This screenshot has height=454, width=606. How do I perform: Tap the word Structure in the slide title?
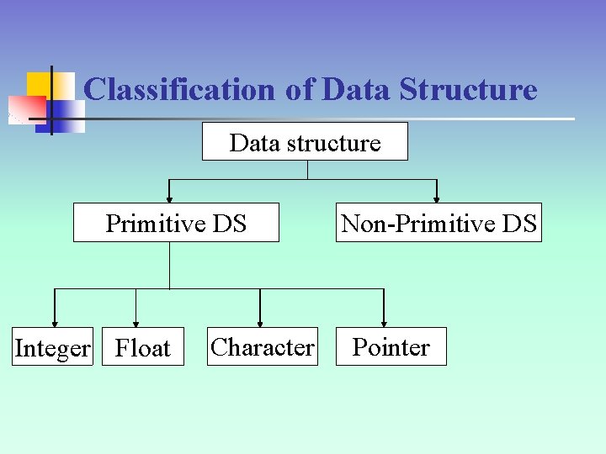[468, 89]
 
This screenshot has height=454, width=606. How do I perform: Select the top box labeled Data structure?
[305, 142]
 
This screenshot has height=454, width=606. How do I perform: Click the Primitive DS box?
[176, 223]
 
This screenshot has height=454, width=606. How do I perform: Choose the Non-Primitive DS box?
[439, 223]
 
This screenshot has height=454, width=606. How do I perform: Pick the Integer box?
[52, 347]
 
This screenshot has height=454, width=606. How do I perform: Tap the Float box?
[142, 347]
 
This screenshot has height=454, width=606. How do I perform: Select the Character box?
[263, 346]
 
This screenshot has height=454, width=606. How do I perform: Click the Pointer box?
[391, 346]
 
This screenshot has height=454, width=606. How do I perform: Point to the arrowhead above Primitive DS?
[170, 198]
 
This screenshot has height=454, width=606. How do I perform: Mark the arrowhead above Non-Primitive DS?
[437, 198]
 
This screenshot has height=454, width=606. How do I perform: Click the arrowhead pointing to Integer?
[55, 322]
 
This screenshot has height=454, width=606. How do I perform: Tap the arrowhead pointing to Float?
[136, 322]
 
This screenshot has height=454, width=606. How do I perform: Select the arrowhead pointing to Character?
[260, 322]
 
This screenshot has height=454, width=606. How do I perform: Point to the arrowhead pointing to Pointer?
[384, 322]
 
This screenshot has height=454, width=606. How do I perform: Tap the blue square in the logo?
[69, 116]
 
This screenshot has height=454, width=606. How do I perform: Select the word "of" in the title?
[299, 89]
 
